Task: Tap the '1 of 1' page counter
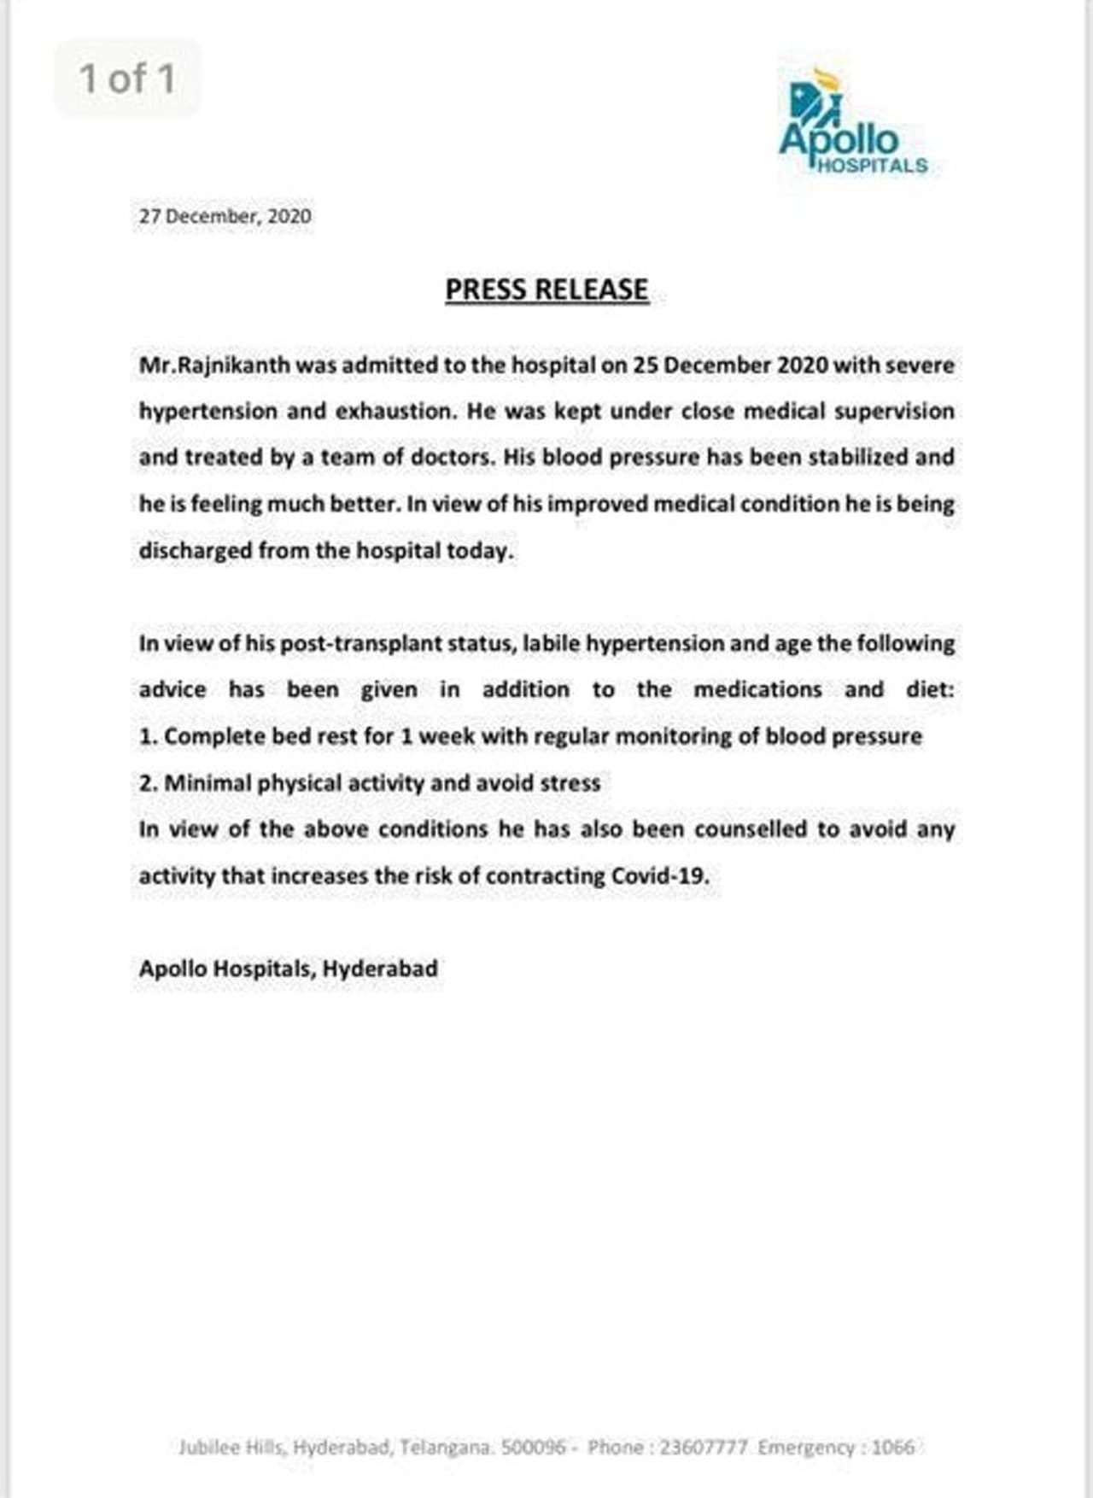coord(127,79)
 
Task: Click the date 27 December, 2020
coord(225,216)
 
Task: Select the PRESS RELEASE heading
coord(546,290)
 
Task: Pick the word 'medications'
coord(757,689)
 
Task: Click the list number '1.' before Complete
coord(148,736)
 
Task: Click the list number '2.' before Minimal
coord(148,783)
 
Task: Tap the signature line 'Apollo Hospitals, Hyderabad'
coord(289,968)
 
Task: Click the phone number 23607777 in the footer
coord(704,1447)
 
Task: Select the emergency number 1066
coord(893,1447)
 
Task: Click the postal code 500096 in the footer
coord(533,1447)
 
